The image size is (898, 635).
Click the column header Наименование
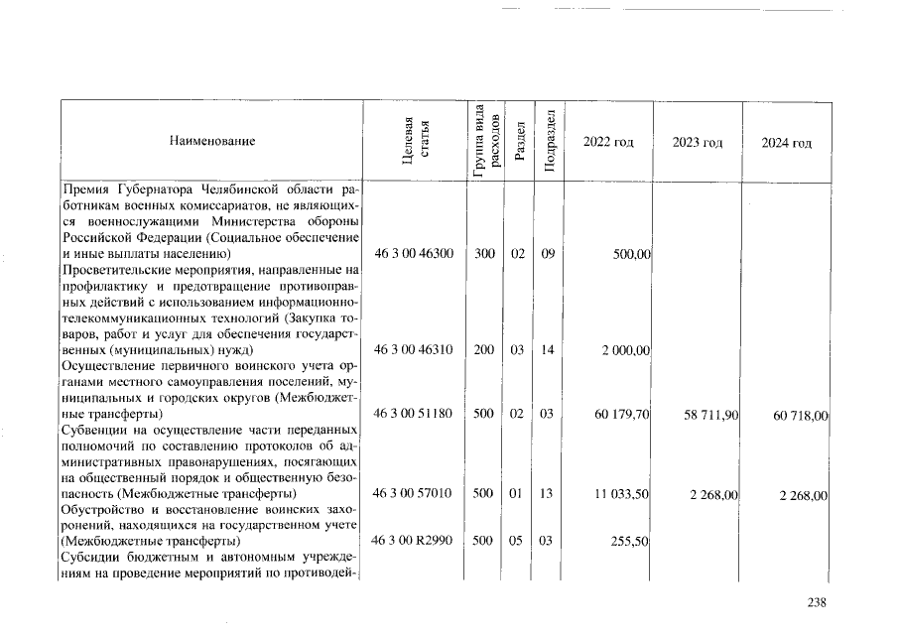click(212, 142)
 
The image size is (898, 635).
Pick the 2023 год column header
click(698, 142)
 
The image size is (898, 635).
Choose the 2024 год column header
click(786, 142)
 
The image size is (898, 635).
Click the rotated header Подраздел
click(548, 142)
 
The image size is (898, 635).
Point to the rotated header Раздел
click(518, 142)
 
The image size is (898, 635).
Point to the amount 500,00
click(631, 255)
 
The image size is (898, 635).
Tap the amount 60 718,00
click(800, 414)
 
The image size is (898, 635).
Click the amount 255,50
click(631, 542)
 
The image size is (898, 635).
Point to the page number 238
click(816, 601)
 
